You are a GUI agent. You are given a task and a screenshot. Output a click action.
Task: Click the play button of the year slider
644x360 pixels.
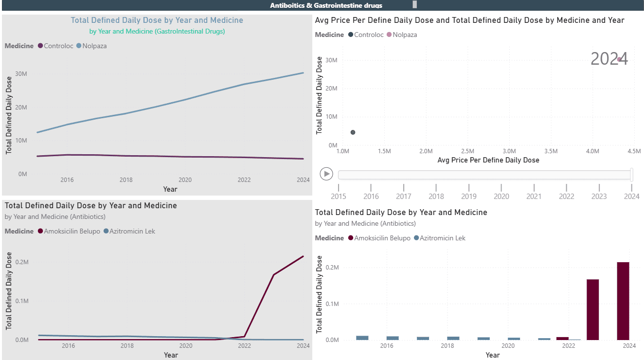(326, 174)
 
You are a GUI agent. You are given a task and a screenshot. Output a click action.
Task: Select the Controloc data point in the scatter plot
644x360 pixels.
(353, 132)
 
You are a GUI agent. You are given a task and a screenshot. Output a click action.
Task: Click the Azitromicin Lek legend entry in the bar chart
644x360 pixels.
(442, 238)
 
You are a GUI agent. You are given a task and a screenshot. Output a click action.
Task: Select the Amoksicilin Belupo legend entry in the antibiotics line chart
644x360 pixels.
(72, 231)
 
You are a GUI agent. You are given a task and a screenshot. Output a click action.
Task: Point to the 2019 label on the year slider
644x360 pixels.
(468, 197)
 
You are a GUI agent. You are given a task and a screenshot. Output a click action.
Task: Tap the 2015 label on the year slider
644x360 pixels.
(338, 197)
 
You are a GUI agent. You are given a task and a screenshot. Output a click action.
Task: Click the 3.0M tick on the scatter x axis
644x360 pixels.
(509, 151)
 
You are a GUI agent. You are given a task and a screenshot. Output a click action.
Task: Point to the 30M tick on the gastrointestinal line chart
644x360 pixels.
(21, 73)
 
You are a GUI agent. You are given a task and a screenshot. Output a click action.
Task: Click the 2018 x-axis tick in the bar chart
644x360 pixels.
(447, 346)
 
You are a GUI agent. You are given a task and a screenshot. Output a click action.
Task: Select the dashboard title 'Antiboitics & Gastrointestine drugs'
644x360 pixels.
(326, 5)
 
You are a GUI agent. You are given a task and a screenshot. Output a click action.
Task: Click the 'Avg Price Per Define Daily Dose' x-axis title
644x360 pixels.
(488, 160)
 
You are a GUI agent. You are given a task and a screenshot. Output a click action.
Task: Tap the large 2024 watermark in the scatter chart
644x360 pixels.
(609, 59)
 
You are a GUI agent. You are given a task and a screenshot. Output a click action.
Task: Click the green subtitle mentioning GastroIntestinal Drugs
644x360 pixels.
(157, 31)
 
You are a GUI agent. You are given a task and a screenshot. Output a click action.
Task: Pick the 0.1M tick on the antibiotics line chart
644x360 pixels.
(21, 301)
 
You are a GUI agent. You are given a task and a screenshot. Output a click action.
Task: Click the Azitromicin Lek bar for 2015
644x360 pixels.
(362, 338)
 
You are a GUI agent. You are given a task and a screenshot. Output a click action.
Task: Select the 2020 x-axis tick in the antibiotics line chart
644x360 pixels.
(185, 346)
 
